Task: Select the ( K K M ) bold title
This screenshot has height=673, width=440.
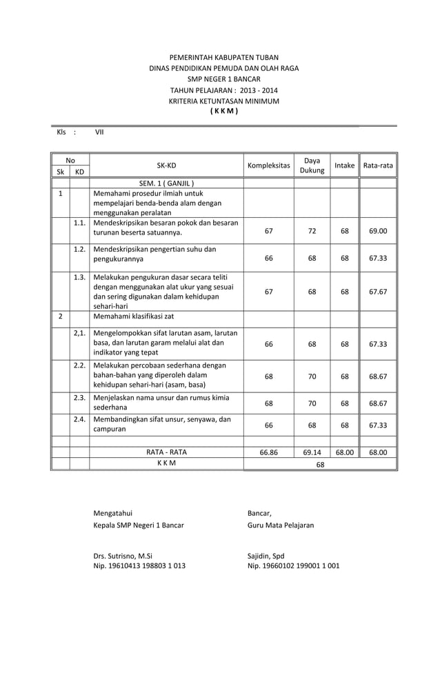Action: pos(224,112)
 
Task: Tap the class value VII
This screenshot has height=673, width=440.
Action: pos(99,132)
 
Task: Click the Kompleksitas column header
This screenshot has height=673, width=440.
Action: pos(268,165)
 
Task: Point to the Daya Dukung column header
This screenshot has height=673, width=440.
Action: pos(312,165)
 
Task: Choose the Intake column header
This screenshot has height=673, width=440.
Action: pos(344,165)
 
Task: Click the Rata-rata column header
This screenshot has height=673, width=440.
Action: pos(378,165)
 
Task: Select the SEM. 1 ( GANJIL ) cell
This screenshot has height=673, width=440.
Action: pos(166,183)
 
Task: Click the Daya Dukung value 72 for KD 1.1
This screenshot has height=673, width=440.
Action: pos(312,231)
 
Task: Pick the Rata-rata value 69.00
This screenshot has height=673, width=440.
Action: pos(378,231)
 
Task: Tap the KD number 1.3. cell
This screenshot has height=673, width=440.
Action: pos(79,277)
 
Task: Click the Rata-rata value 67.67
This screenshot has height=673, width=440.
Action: pos(378,292)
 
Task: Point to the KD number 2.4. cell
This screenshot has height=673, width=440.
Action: pos(79,419)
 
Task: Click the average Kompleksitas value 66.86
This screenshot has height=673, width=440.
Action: pos(268,452)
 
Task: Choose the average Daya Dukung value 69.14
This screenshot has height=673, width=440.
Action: pos(312,452)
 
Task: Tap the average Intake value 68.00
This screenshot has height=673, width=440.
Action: pos(344,452)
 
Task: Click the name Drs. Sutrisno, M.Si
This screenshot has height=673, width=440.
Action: pos(123,555)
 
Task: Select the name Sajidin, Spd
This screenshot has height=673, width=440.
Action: pos(266,555)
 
